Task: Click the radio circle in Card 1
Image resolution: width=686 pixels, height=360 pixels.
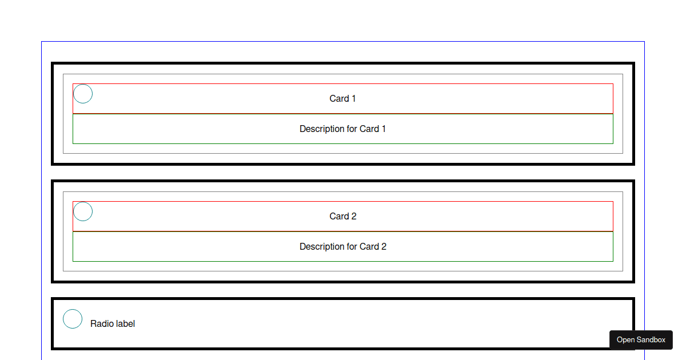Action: [83, 94]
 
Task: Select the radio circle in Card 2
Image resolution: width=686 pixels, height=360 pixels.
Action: [83, 211]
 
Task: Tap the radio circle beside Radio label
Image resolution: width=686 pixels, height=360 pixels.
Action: [73, 319]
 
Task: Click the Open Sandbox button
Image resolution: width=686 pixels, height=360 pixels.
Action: [641, 340]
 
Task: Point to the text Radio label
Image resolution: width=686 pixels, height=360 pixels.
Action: [113, 324]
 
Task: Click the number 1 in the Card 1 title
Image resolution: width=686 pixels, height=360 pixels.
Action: [353, 99]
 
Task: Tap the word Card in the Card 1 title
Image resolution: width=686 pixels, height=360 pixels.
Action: [339, 99]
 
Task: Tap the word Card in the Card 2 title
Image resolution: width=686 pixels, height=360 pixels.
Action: [339, 217]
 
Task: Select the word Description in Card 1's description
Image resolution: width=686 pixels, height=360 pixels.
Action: [322, 129]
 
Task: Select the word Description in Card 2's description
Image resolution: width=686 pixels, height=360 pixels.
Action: [322, 247]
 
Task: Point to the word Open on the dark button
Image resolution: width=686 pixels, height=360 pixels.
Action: [625, 340]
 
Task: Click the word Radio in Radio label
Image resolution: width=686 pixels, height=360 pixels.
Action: [102, 324]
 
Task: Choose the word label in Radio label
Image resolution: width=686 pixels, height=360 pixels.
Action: [125, 324]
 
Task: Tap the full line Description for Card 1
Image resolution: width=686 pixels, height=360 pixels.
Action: [343, 129]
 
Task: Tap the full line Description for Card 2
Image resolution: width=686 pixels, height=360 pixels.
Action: [343, 247]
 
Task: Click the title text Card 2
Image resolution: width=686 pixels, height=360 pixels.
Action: [343, 217]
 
